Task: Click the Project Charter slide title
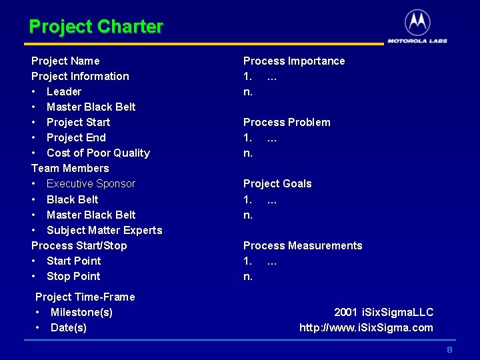(96, 27)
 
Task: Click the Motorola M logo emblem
(417, 23)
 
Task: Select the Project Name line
(65, 61)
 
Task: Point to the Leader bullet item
(64, 91)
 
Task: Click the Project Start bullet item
(78, 122)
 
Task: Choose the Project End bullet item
(76, 137)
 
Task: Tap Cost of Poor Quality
(98, 153)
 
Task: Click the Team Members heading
(70, 168)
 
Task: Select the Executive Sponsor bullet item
(91, 183)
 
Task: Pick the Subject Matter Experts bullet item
(104, 230)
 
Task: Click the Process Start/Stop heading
(79, 245)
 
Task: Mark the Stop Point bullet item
(73, 276)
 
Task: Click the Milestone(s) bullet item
(81, 312)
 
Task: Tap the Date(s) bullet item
(69, 327)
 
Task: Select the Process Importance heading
(294, 61)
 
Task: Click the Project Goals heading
(277, 183)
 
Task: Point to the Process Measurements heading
(303, 245)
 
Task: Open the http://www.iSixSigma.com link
(366, 327)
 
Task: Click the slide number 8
(449, 350)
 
